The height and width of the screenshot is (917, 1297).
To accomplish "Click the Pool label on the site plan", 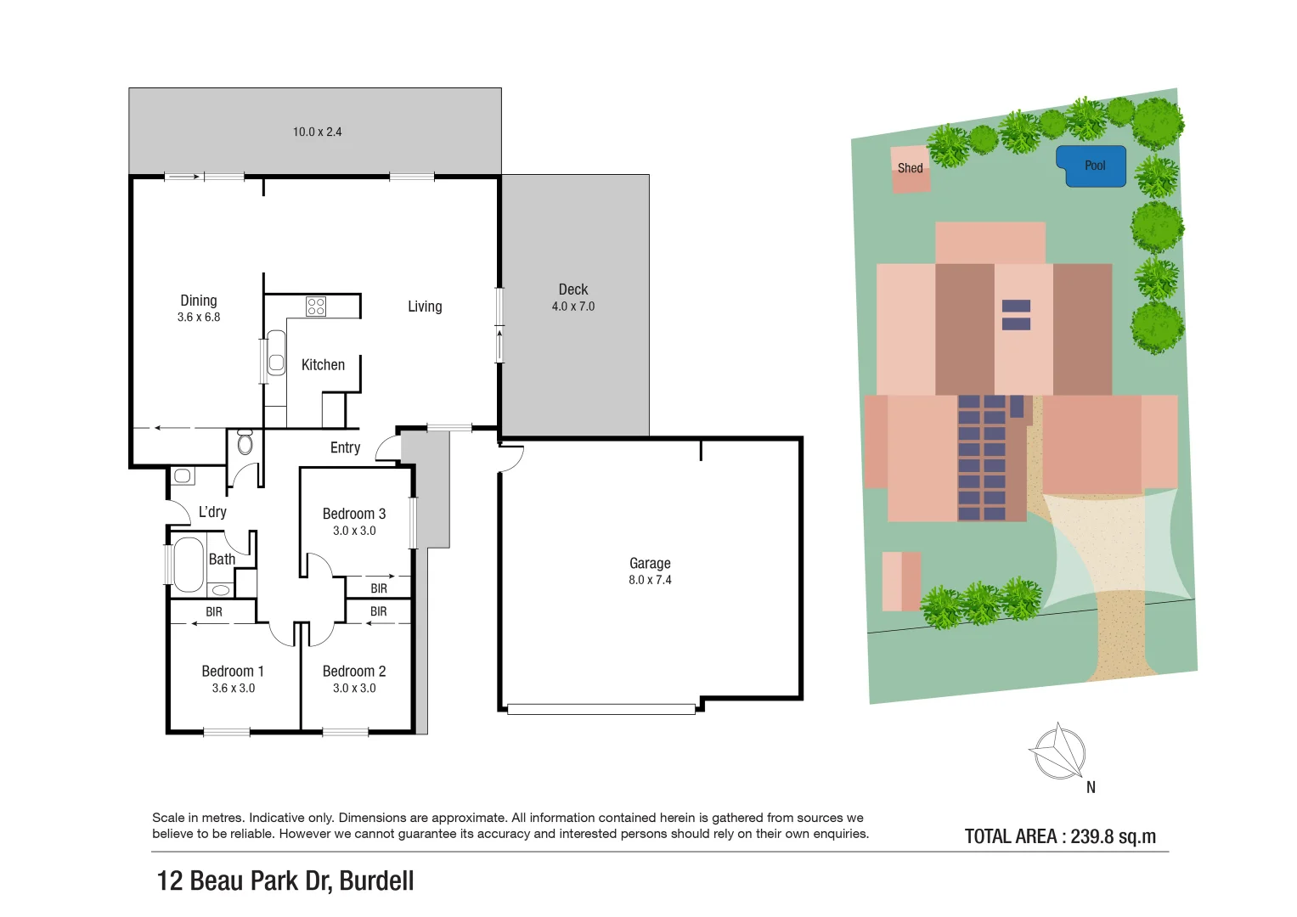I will [x=1094, y=166].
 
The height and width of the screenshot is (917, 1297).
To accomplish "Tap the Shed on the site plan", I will [x=910, y=169].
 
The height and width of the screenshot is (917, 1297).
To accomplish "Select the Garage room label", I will [x=650, y=563].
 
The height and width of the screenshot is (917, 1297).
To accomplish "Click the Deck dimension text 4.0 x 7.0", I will [x=573, y=307].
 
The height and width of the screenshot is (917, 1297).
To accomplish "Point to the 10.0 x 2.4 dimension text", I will [x=317, y=132].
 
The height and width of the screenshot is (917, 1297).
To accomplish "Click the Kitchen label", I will [x=323, y=365].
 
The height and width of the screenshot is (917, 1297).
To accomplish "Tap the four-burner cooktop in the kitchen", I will [x=316, y=306].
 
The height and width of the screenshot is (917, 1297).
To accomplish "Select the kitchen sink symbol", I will [x=276, y=353].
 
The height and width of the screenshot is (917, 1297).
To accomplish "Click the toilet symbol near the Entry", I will [x=245, y=442].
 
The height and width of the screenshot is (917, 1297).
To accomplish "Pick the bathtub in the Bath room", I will [x=189, y=564].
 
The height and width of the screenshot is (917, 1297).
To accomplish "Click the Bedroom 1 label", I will [x=233, y=671].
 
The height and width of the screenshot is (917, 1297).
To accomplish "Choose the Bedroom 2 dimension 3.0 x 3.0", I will [x=354, y=689].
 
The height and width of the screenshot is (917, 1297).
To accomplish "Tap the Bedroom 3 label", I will [x=354, y=514].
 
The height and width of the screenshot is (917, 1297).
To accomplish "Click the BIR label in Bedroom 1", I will [x=214, y=611].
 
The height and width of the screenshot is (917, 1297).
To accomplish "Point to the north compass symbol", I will [x=1058, y=752].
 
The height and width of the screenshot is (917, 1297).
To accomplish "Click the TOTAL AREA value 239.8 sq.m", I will [x=1113, y=836].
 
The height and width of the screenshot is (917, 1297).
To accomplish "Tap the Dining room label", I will [x=199, y=301].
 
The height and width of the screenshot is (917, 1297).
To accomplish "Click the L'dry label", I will [x=212, y=512].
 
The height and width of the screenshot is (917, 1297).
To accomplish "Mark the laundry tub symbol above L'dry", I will [x=183, y=475].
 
